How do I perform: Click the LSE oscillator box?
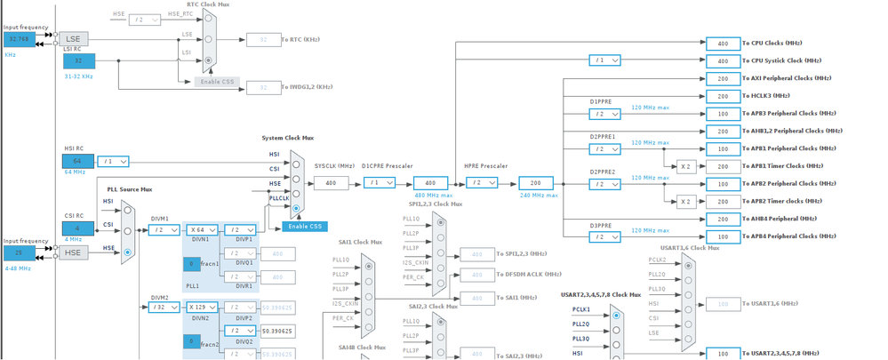pyautogui.click(x=74, y=39)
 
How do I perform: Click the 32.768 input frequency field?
pyautogui.click(x=19, y=40)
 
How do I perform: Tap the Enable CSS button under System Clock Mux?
pyautogui.click(x=305, y=227)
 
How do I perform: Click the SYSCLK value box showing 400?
pyautogui.click(x=331, y=183)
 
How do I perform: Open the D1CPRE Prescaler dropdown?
pyautogui.click(x=380, y=183)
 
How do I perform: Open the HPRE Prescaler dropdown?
pyautogui.click(x=482, y=183)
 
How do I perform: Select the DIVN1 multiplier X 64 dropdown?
pyautogui.click(x=202, y=230)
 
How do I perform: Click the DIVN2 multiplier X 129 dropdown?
pyautogui.click(x=202, y=308)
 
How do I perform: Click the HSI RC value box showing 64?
pyautogui.click(x=77, y=161)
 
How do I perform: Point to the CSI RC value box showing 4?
pyautogui.click(x=77, y=228)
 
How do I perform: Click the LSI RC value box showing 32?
pyautogui.click(x=78, y=60)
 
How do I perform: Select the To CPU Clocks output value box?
pyautogui.click(x=723, y=44)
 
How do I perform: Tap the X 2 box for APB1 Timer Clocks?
pyautogui.click(x=685, y=166)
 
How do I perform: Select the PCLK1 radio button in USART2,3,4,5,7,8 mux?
pyautogui.click(x=616, y=316)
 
